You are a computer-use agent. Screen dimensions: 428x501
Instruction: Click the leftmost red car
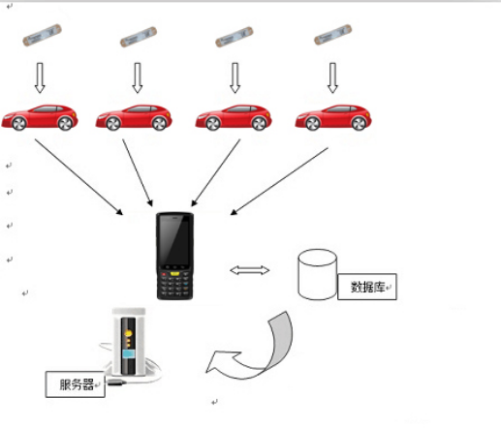coord(41,116)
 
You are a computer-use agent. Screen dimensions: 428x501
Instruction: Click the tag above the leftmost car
coord(43,39)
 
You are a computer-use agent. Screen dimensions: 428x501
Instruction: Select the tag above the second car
coord(138,39)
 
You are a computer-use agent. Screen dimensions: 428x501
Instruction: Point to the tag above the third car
coord(234,39)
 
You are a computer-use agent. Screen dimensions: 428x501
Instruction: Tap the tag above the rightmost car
coord(332,38)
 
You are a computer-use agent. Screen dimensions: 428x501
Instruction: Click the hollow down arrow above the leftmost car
coord(41,76)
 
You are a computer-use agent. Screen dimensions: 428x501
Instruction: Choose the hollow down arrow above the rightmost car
coord(333,76)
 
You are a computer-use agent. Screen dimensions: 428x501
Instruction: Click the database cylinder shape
coord(317,275)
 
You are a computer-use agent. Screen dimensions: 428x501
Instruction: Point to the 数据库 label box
coord(368,289)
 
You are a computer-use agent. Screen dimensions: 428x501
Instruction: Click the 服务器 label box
coord(78,383)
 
